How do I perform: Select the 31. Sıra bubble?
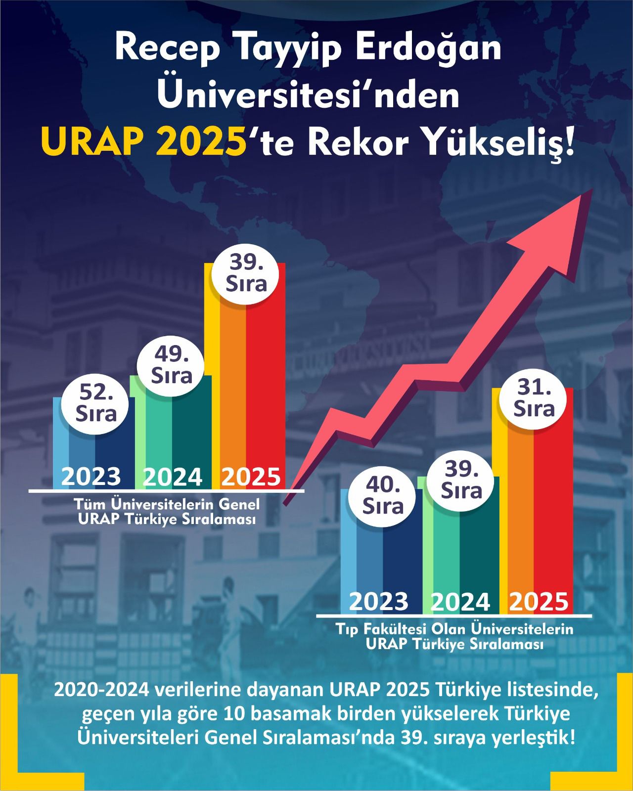coord(534,399)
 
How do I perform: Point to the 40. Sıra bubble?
coord(383,497)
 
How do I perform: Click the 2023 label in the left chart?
coord(91,477)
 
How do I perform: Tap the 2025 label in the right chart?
coord(539,602)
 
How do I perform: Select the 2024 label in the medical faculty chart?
coord(460,602)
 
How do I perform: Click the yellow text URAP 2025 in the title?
coord(143,142)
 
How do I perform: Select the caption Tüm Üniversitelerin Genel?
coord(166,505)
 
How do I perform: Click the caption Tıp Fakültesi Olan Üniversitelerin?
coord(454,630)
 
